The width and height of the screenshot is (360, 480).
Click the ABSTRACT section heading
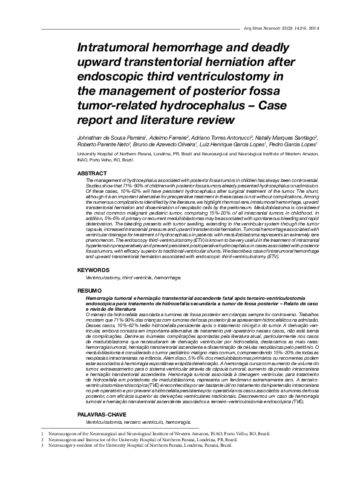93,174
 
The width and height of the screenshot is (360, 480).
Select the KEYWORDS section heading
95,268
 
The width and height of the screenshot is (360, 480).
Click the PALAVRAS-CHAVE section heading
104,414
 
